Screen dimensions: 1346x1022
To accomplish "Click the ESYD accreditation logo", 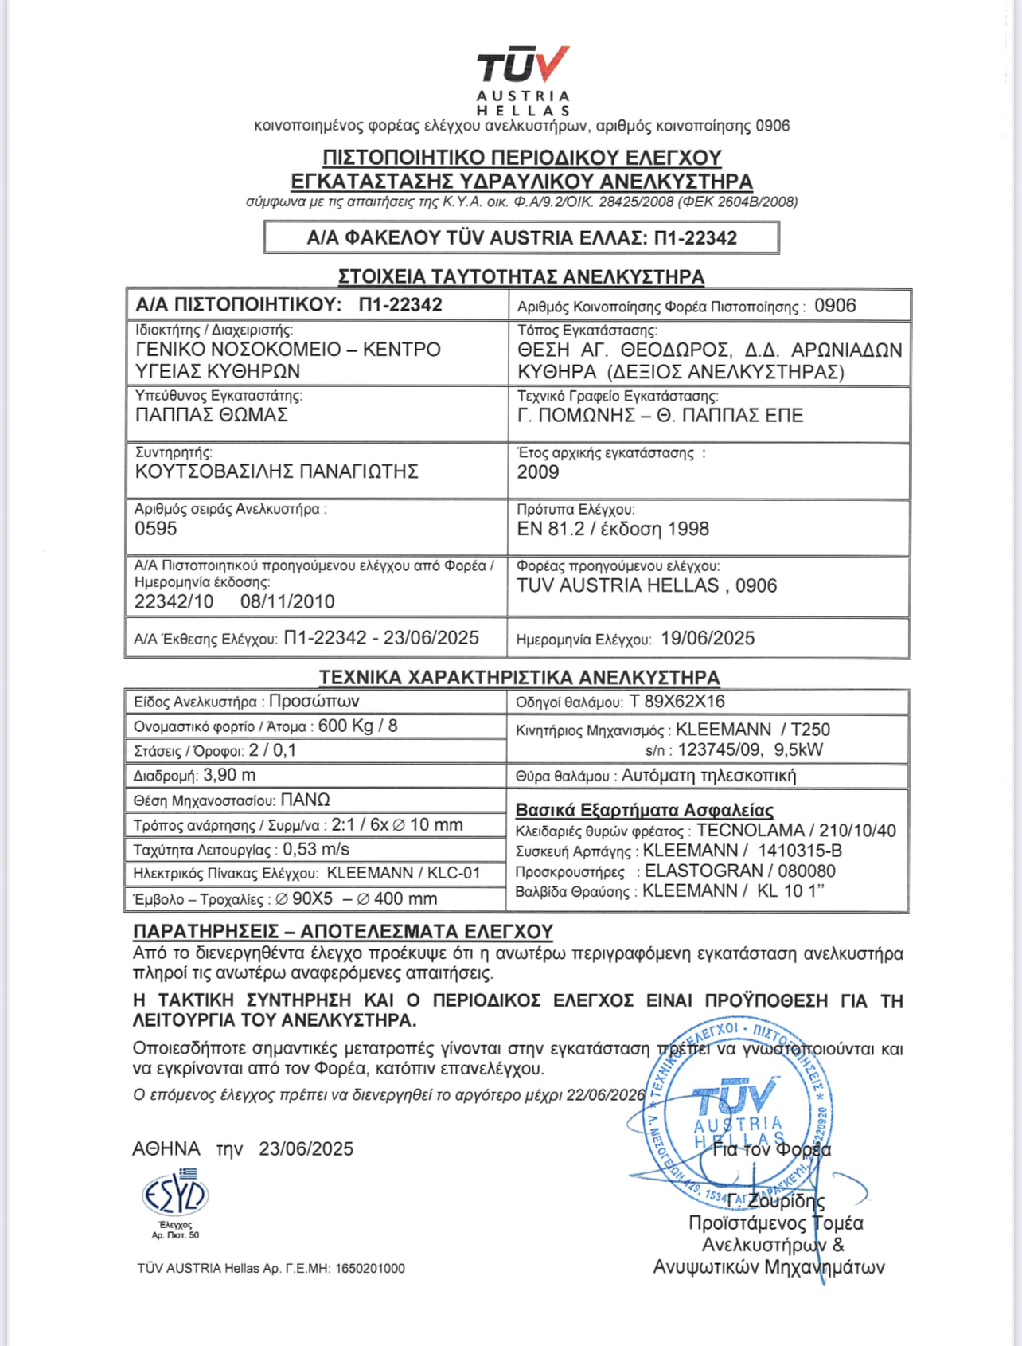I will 175,1195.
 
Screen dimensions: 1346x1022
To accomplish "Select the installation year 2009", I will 538,472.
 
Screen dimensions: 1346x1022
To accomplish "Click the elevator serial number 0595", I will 156,529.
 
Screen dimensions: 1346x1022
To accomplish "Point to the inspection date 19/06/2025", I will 708,638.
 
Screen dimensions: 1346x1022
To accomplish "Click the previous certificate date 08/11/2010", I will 287,601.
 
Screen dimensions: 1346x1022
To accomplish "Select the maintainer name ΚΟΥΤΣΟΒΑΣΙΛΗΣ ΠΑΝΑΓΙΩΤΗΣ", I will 277,471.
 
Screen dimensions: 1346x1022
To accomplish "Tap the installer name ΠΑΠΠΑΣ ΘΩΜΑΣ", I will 212,415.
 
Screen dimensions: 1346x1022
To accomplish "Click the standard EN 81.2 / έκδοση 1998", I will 613,529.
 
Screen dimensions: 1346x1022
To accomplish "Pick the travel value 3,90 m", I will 229,775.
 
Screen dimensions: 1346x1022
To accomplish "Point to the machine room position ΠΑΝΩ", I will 305,800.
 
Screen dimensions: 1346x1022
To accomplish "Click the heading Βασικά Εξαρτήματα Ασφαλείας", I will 644,810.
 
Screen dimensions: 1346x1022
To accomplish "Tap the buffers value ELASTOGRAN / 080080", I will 740,871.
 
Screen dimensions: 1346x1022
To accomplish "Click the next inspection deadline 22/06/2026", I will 605,1095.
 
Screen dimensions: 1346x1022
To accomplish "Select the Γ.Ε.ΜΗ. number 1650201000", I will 370,1268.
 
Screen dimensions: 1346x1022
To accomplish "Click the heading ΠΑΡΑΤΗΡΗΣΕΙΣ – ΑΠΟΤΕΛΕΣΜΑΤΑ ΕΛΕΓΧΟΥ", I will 342,931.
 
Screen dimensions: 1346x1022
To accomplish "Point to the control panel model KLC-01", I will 454,873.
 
